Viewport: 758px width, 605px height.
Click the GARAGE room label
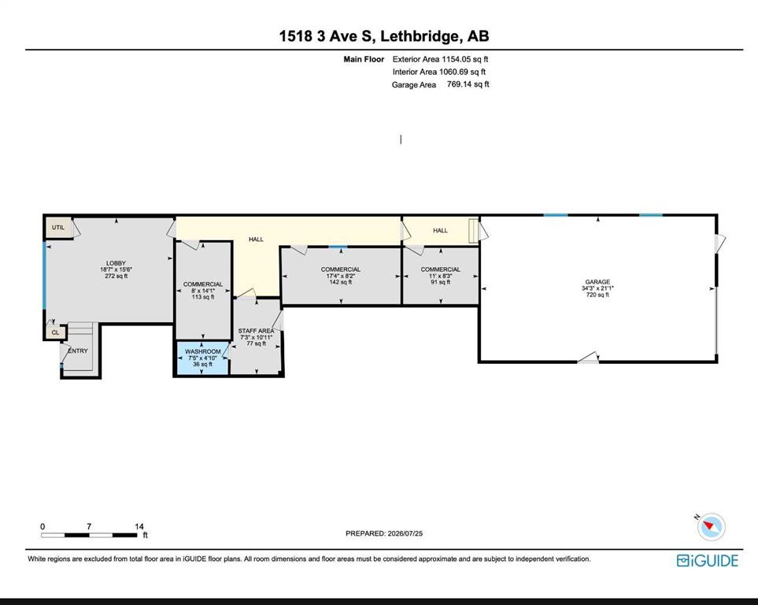coord(597,282)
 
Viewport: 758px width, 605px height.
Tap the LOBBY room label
coord(116,263)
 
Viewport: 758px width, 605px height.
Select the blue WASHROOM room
coord(202,358)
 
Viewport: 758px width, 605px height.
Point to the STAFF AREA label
coord(256,331)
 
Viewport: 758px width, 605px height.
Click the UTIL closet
coord(59,228)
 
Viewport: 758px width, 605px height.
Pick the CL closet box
coord(55,332)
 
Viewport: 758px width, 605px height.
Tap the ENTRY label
coord(78,351)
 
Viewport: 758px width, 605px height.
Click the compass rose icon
coord(711,526)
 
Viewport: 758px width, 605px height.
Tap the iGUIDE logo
coord(708,560)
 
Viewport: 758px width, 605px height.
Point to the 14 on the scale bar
coord(139,526)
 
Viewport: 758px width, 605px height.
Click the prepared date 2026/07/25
coord(405,533)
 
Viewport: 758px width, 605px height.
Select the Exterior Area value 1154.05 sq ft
coord(465,59)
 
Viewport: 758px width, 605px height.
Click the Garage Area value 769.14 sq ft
coord(468,84)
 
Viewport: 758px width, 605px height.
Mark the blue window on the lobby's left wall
coord(45,276)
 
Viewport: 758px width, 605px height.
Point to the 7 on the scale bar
coord(89,526)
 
